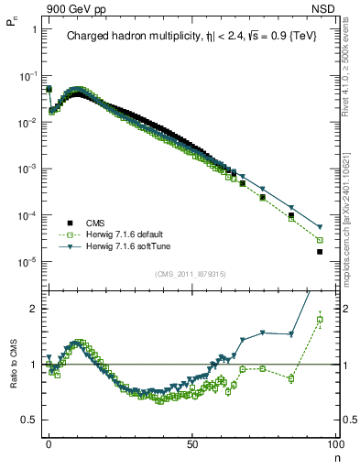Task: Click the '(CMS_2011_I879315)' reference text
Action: coord(191,275)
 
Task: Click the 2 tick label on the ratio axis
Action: coord(31,309)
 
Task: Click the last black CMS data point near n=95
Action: coord(320,252)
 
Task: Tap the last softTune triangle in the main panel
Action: coord(320,227)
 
